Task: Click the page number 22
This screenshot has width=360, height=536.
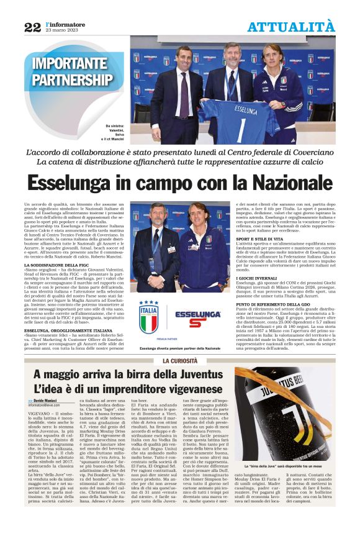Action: pos(32,27)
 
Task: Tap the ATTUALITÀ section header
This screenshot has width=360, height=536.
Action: pos(290,27)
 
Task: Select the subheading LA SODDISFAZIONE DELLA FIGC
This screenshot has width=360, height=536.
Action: pos(61,265)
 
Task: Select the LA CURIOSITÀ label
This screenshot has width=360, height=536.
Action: pos(179,361)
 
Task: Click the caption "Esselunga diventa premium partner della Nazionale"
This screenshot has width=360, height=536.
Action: pos(180,348)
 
